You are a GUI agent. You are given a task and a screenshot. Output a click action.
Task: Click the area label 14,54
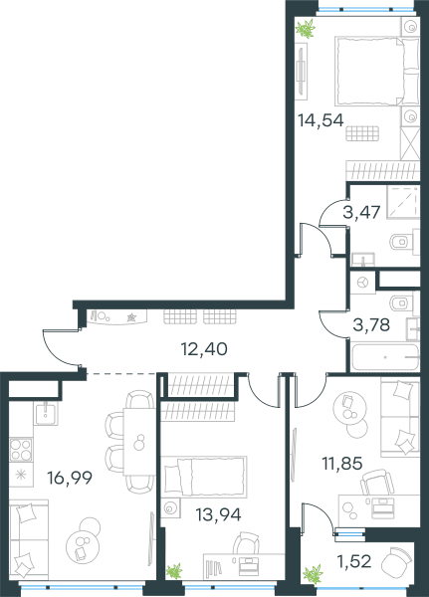point(321,120)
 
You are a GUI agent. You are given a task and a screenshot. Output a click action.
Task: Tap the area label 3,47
point(361,212)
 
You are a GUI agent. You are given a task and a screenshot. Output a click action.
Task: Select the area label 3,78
point(371,324)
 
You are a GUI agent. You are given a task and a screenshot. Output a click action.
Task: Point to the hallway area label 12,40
point(205,349)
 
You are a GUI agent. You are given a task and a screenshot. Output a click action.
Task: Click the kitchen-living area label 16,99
point(70,478)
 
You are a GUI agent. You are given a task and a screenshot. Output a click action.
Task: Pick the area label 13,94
point(218,514)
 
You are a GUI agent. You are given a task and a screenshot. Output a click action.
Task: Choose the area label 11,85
point(342,464)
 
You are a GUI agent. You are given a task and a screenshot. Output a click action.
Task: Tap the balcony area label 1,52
point(354,561)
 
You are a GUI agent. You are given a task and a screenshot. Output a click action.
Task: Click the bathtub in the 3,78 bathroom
point(385,357)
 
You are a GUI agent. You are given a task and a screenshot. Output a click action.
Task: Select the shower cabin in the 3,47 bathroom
point(403,202)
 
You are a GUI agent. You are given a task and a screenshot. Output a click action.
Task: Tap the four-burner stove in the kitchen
point(21,450)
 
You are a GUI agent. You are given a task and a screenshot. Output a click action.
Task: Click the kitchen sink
point(47,414)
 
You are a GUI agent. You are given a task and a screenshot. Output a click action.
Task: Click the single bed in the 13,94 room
point(204,477)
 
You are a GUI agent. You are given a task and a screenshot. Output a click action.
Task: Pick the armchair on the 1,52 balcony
point(396,559)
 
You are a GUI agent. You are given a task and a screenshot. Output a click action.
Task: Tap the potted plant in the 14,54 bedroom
point(306,28)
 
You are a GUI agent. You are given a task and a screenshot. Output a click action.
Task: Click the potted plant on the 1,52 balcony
point(313,574)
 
